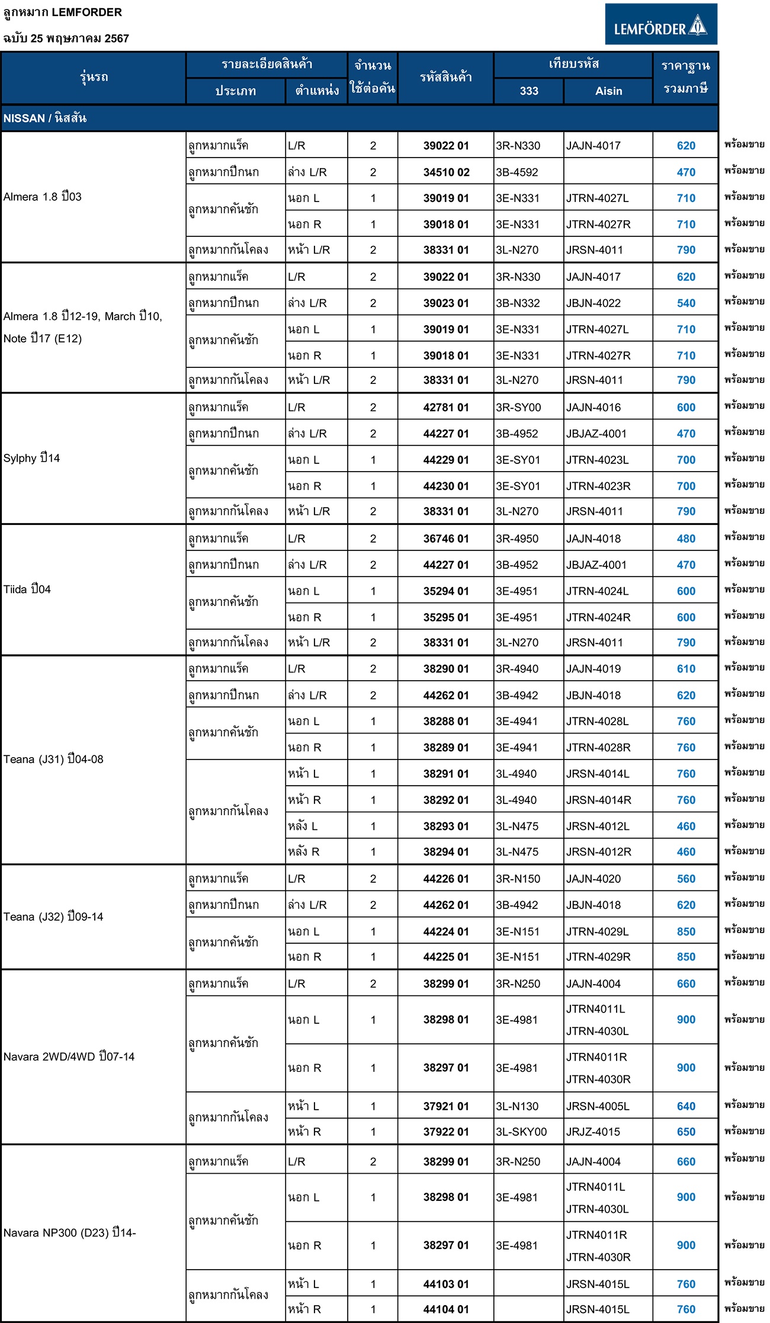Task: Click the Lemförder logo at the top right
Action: click(660, 24)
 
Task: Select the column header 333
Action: click(528, 91)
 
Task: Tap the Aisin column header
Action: click(608, 91)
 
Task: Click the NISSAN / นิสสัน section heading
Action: click(45, 118)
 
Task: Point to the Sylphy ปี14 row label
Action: click(32, 458)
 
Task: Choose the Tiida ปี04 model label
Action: click(27, 590)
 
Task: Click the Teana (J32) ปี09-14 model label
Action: click(53, 917)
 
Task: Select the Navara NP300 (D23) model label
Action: click(69, 1232)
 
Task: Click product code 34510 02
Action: click(446, 172)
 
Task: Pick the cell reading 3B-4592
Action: click(517, 172)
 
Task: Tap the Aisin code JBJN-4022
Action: click(593, 303)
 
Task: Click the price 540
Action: click(686, 303)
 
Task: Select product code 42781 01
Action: click(446, 408)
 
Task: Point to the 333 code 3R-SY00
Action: click(518, 408)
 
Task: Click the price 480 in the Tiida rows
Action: click(686, 539)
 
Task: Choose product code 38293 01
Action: click(446, 826)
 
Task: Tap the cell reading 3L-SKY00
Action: click(521, 1132)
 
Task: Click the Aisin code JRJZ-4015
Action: click(593, 1132)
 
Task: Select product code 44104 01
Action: click(446, 1309)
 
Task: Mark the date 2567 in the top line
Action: click(117, 39)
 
